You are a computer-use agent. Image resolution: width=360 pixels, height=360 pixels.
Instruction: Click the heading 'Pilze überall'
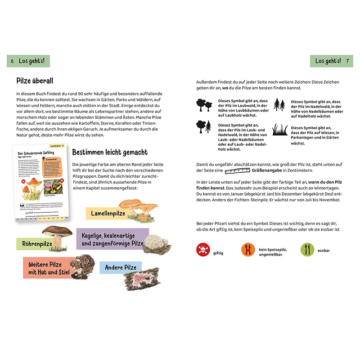[x=35, y=81]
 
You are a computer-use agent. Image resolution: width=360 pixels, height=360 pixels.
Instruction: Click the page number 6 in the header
[x=12, y=61]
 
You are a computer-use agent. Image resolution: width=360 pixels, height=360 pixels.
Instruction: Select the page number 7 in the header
[x=347, y=61]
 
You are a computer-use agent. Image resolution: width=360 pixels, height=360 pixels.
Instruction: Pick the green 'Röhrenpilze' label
[x=37, y=244]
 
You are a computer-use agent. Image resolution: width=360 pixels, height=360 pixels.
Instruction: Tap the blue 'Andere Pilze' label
[x=121, y=268]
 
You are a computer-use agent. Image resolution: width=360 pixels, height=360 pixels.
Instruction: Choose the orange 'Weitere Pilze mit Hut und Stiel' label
[x=45, y=268]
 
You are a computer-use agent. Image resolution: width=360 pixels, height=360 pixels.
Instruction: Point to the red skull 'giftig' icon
[x=203, y=249]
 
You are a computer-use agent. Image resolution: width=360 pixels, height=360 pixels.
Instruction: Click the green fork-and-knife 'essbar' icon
[x=306, y=249]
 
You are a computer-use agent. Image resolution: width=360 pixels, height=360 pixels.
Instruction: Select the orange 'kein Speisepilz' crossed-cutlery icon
[x=248, y=249]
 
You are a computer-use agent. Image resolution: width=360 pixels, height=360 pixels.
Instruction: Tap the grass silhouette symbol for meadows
[x=279, y=130]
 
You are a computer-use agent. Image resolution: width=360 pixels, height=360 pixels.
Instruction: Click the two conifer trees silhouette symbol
[x=279, y=105]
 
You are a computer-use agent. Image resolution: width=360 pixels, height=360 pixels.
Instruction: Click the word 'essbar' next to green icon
[x=324, y=250]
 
